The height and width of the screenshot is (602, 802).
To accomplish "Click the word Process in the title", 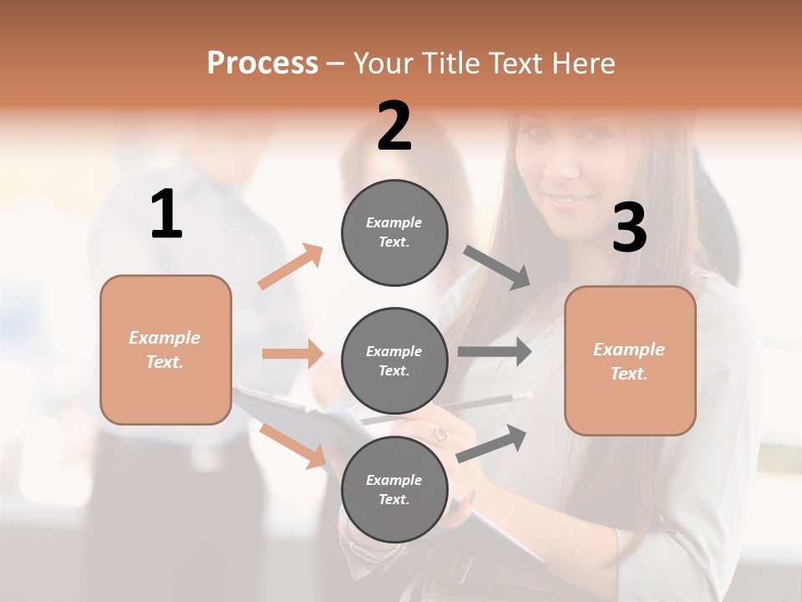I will pos(262,63).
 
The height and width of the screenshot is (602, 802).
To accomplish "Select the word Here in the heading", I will pos(581,63).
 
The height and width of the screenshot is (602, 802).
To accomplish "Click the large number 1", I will pos(166,215).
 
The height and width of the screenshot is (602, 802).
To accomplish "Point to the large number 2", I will pos(394,126).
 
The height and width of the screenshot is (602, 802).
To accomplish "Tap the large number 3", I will pos(629,227).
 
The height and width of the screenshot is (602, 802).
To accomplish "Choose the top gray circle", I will pos(394,232).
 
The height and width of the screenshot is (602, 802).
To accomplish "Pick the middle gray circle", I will pos(394,361).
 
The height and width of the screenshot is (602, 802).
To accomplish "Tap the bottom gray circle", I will pos(394,490).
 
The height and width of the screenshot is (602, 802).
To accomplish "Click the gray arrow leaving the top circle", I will pos(496,267).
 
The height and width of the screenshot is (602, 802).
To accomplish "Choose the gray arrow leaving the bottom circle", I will pos(491,443).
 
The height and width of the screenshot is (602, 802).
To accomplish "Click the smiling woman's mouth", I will pos(571,201).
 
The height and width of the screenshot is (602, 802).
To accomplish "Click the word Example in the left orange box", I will pos(165,338).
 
